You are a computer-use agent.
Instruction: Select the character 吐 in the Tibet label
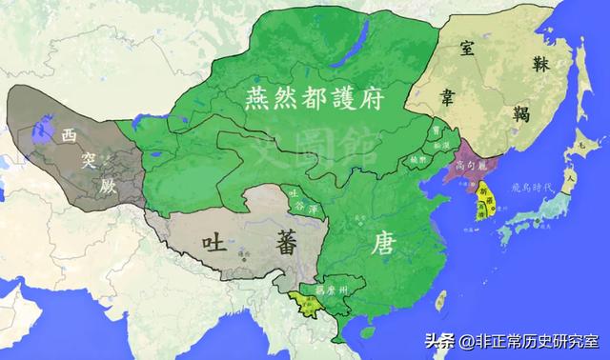(211, 245)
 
